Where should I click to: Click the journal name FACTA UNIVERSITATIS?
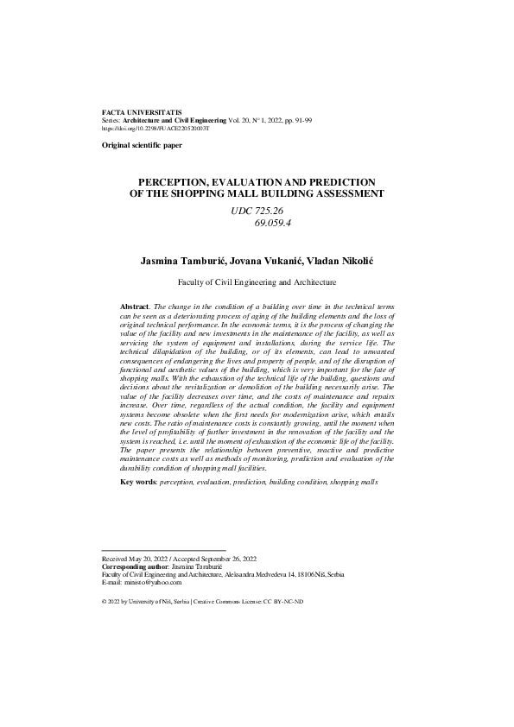tap(137, 113)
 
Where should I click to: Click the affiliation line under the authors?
tap(257, 281)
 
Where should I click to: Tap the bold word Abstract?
tap(135, 307)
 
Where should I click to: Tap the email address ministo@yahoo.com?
tap(151, 582)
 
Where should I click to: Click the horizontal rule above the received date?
tap(163, 551)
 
